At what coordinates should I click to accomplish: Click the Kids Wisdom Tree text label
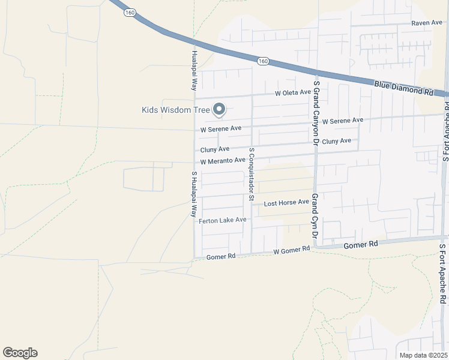click(x=175, y=110)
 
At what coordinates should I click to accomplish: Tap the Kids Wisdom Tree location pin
click(x=220, y=109)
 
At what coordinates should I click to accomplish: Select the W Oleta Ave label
click(x=293, y=93)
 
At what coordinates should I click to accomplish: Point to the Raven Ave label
click(x=427, y=23)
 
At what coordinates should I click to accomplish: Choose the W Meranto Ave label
click(x=223, y=161)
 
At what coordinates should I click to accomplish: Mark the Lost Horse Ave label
click(x=286, y=203)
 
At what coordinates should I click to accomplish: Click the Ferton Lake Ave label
click(x=222, y=220)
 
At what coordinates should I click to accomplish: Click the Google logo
click(x=20, y=353)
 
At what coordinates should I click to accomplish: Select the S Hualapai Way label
click(x=194, y=194)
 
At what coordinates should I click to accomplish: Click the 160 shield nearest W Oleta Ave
click(x=262, y=61)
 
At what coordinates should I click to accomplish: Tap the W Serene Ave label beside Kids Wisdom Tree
click(x=220, y=128)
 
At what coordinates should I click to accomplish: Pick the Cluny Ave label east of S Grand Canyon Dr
click(x=336, y=141)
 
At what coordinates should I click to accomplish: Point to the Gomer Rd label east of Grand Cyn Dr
click(x=360, y=245)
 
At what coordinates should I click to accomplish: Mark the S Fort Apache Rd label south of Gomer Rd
click(x=443, y=273)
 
